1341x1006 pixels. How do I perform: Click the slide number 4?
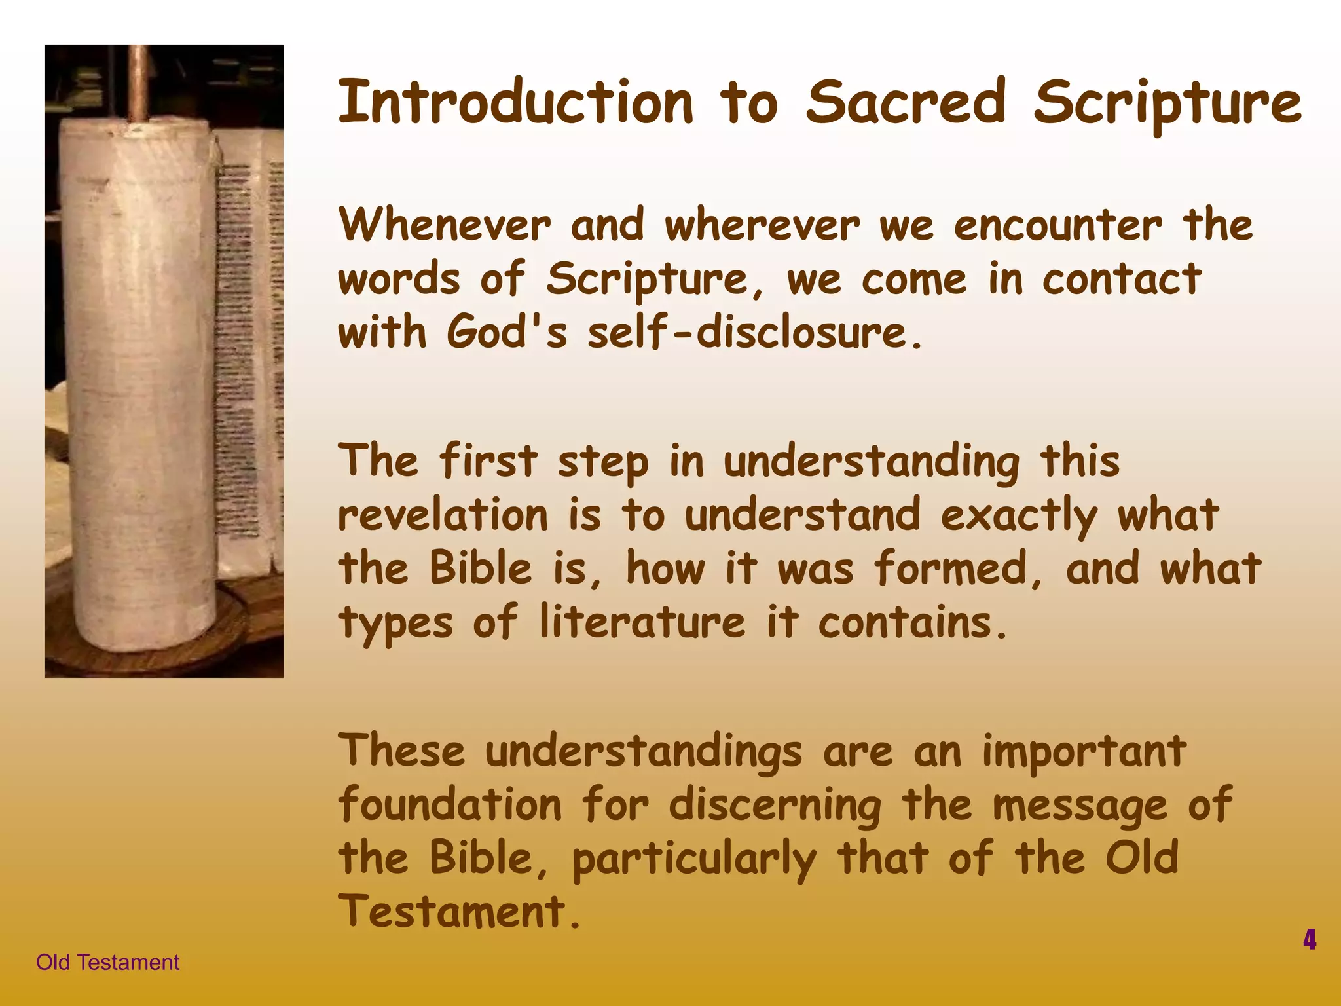(x=1309, y=939)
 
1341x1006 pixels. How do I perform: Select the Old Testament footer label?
(x=107, y=962)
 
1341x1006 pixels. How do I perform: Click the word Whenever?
(x=445, y=225)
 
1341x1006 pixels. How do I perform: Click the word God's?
(x=507, y=332)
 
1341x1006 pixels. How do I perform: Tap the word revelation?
(x=443, y=515)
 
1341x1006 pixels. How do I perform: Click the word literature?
(x=642, y=622)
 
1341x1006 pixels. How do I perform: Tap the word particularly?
(x=694, y=859)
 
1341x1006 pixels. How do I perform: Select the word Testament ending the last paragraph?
(x=452, y=912)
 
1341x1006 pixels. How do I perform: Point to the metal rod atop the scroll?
(x=137, y=82)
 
